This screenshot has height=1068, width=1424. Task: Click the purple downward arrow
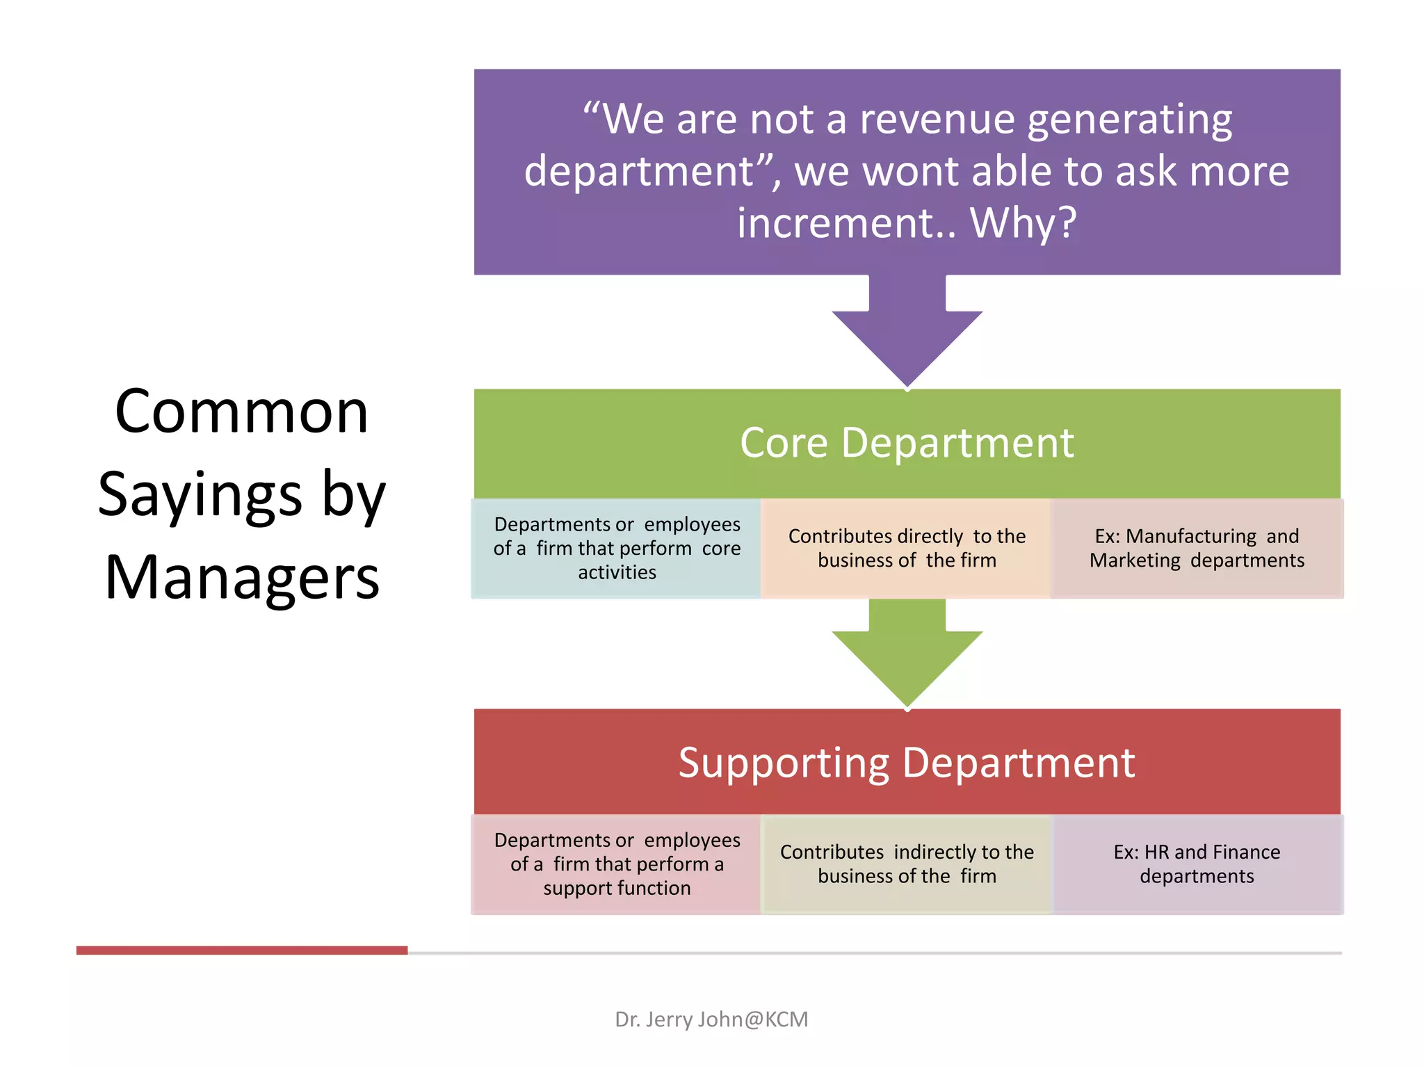point(907,334)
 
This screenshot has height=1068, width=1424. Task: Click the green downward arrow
point(907,654)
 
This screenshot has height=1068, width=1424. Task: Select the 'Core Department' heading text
point(907,443)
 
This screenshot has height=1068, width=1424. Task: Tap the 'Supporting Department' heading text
point(907,763)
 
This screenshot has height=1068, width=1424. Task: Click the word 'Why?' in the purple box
point(1023,223)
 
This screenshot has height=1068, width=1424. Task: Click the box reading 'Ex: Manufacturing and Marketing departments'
point(1197,548)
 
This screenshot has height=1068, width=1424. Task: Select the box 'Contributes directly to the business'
point(907,548)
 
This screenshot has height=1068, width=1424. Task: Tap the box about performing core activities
point(617,548)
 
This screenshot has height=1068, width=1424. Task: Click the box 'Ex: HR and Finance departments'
point(1197,864)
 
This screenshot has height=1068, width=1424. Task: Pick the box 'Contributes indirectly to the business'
point(907,864)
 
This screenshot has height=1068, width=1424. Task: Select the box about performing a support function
point(617,864)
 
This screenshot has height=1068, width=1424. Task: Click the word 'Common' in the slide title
point(241,412)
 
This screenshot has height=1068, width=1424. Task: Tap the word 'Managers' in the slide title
point(241,578)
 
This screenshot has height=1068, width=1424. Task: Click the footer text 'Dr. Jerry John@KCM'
point(711,1019)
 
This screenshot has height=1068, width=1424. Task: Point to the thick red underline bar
point(241,950)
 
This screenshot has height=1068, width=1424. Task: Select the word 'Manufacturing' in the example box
point(1190,536)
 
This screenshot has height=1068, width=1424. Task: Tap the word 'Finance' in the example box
point(1247,852)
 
